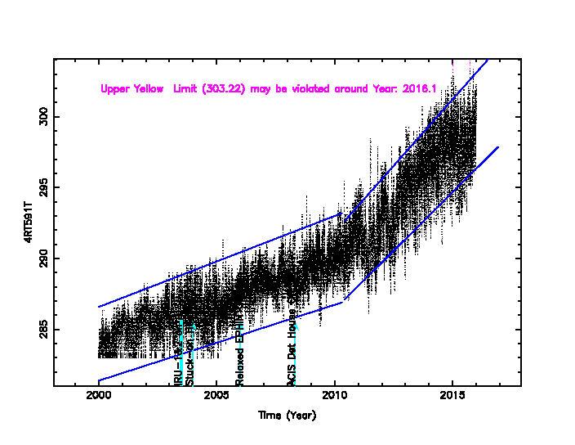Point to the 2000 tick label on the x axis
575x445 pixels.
[x=98, y=398]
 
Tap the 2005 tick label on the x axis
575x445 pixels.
[x=216, y=398]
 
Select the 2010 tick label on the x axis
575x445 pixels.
[x=335, y=398]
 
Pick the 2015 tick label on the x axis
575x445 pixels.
[x=452, y=398]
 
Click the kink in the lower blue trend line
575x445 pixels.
[x=343, y=302]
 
